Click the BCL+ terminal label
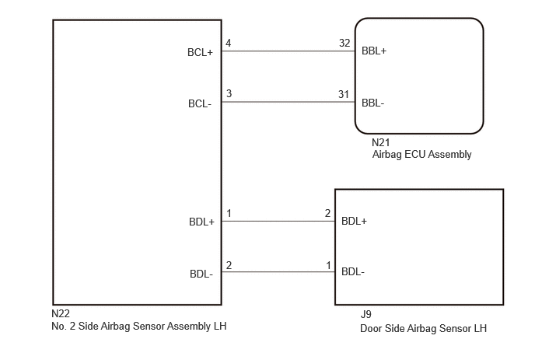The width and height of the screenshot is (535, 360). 200,52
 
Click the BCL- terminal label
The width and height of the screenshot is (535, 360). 200,103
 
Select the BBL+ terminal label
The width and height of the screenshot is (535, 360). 374,51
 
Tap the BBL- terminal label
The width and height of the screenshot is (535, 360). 373,103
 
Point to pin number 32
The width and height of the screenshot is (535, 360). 344,43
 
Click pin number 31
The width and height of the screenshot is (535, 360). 344,94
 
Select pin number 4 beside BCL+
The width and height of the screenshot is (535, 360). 229,43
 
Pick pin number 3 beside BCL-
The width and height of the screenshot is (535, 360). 229,93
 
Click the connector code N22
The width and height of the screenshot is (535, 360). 61,313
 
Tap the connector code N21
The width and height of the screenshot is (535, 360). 381,142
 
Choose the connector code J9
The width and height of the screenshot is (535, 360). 366,314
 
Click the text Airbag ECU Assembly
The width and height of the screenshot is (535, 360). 421,155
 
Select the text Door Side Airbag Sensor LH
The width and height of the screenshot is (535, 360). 424,328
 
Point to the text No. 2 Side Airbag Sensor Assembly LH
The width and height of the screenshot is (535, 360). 139,327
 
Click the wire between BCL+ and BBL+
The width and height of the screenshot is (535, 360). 288,51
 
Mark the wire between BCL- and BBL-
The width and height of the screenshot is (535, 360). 288,102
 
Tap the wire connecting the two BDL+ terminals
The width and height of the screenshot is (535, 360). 278,221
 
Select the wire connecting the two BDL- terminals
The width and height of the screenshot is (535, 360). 278,272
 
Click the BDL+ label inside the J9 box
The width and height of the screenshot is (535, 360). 354,221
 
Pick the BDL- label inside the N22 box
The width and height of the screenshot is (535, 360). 201,274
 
